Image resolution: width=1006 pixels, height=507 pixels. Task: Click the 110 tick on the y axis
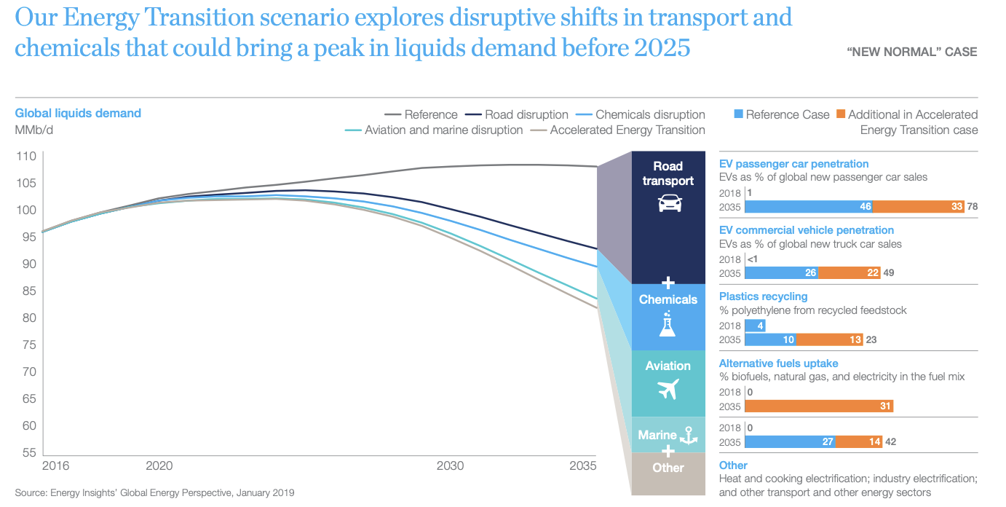click(26, 156)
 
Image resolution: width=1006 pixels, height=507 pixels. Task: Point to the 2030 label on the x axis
click(449, 466)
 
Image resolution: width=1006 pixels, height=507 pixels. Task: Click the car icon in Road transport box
click(669, 203)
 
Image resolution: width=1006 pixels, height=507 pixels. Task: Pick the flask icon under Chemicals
click(668, 324)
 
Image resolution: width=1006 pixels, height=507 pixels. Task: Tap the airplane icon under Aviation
click(668, 390)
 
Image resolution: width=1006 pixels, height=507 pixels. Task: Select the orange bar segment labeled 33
click(919, 207)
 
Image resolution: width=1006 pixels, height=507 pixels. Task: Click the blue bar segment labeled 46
click(809, 207)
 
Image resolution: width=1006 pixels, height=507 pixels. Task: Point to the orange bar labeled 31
click(819, 406)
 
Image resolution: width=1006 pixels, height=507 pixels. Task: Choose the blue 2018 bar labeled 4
click(755, 326)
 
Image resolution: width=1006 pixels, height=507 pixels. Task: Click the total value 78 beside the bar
click(973, 207)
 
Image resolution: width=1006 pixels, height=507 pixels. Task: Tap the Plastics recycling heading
click(763, 296)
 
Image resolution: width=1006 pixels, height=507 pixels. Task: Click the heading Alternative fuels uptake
click(778, 363)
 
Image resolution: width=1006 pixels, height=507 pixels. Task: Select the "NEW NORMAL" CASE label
click(912, 52)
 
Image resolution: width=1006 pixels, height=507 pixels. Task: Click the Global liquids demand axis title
click(78, 113)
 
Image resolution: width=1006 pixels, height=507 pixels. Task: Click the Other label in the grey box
click(668, 468)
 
